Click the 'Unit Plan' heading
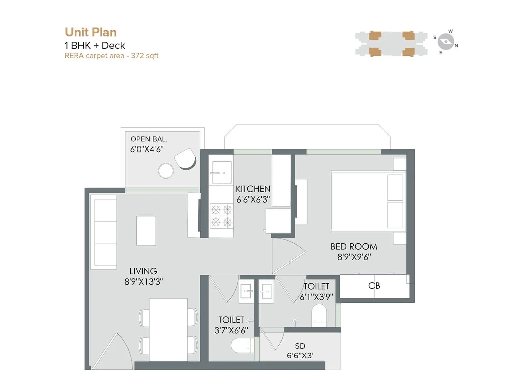91,32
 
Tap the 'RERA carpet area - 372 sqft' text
112,56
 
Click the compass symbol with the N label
446,42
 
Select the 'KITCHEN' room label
253,189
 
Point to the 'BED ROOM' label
354,247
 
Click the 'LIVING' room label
143,271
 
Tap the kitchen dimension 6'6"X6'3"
253,200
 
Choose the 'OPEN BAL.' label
149,139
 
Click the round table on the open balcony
166,171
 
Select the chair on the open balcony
185,158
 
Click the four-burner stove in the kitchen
221,215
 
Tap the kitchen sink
222,172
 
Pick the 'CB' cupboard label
374,286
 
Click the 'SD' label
300,346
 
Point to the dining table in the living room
168,329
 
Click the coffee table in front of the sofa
146,231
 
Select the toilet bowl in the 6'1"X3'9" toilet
319,315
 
